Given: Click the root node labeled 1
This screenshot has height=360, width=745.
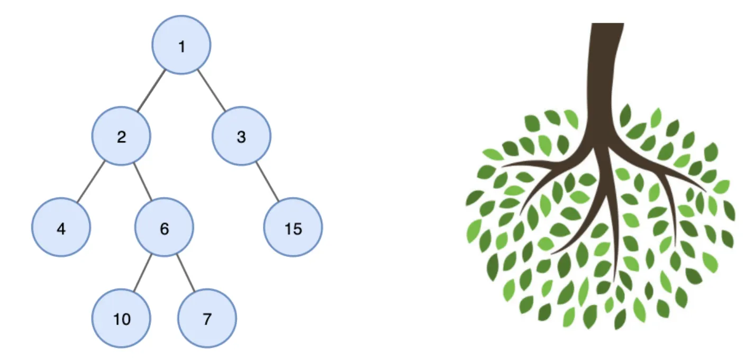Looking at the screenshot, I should [181, 45].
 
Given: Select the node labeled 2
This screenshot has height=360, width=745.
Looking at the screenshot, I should [122, 136].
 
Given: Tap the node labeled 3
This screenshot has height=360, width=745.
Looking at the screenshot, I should [241, 136].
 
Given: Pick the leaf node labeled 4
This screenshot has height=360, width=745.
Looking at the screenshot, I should [61, 227].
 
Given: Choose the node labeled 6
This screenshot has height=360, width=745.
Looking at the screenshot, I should [164, 227].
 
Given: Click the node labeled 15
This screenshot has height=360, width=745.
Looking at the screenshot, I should [293, 227].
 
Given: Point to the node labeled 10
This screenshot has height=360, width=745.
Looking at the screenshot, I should [122, 318].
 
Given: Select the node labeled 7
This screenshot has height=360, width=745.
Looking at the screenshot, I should [207, 318].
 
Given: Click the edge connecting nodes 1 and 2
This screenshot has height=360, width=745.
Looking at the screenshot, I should [151, 91].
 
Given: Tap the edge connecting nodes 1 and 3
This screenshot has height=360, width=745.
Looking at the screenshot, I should [212, 91].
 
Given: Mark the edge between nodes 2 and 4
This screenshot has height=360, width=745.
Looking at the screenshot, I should [92, 182].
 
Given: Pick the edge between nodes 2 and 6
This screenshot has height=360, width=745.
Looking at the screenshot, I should [143, 182].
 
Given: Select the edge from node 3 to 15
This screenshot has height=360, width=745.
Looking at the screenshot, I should [267, 182].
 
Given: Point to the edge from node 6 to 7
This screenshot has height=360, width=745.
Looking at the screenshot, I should [186, 273].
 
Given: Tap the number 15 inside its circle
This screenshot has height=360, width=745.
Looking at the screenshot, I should [293, 228].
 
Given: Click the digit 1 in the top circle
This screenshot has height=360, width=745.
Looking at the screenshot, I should [181, 47].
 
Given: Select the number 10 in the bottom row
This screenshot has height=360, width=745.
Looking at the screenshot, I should [122, 319].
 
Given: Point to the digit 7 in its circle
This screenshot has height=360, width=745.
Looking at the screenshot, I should [207, 319].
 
